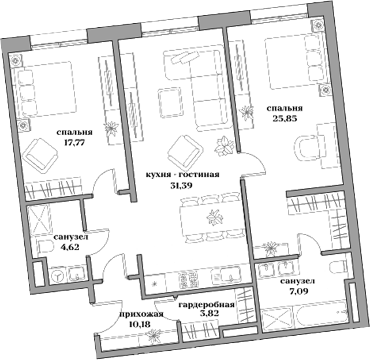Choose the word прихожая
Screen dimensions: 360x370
141,315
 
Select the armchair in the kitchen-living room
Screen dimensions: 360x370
183,150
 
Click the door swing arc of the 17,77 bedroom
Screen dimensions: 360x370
103,182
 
